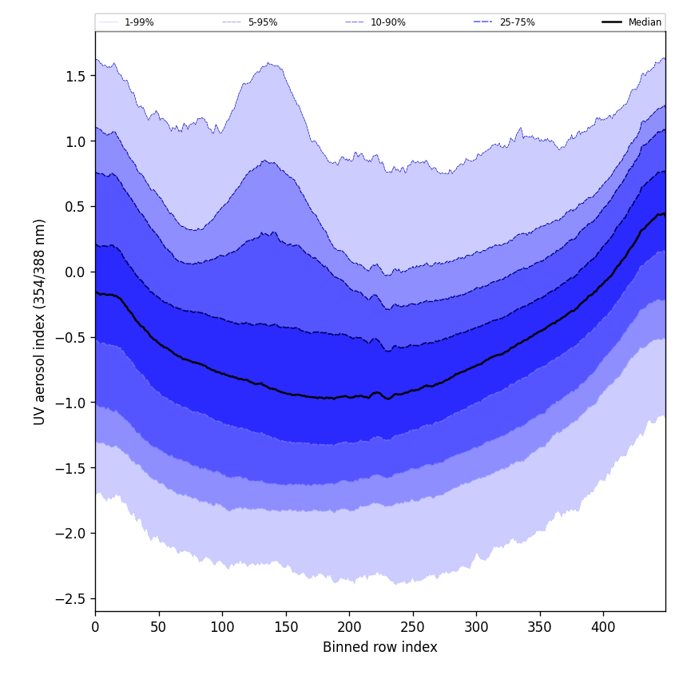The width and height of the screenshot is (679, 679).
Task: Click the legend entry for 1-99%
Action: coord(139,22)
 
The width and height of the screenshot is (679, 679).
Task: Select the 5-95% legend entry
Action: coord(263,22)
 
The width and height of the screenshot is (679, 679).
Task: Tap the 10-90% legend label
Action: coord(387,22)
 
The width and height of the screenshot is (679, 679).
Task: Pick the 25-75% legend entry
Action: coord(517,22)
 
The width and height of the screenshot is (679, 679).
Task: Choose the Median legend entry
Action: coord(645,22)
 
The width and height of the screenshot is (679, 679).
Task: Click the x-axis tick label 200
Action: coord(349,626)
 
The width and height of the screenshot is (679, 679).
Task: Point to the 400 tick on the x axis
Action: coord(603,626)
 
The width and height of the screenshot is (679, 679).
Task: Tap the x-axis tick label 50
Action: coord(158,626)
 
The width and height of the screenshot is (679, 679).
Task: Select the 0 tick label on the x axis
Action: coord(95,626)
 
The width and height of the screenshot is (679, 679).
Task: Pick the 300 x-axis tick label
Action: coord(476,626)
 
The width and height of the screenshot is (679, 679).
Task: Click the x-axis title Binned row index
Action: coord(379,647)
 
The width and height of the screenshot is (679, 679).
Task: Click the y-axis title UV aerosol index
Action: coord(40,321)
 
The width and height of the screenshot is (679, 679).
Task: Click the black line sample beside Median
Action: coord(612,22)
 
